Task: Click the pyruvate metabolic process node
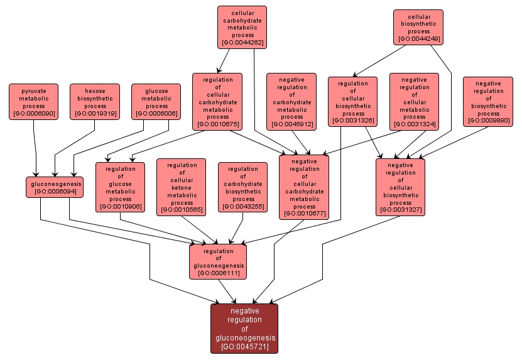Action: click(x=33, y=102)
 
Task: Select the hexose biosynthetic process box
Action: click(x=95, y=102)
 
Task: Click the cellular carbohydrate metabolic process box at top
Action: click(x=242, y=27)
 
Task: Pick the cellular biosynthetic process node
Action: click(x=418, y=27)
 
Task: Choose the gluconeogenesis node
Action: click(x=55, y=187)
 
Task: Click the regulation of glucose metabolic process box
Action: click(x=120, y=187)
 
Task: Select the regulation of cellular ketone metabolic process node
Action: click(x=182, y=187)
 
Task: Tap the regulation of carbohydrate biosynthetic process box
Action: click(x=242, y=187)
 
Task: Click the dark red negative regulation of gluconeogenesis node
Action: click(x=244, y=328)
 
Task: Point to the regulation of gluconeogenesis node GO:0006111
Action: click(x=218, y=261)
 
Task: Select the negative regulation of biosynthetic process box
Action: click(x=488, y=102)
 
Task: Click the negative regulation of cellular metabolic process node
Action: click(x=414, y=102)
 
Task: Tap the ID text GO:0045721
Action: click(x=244, y=346)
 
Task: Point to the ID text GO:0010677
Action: click(x=304, y=214)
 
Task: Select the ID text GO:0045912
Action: click(x=291, y=124)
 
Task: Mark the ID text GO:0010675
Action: click(x=217, y=124)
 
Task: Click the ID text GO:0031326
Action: click(x=353, y=121)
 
